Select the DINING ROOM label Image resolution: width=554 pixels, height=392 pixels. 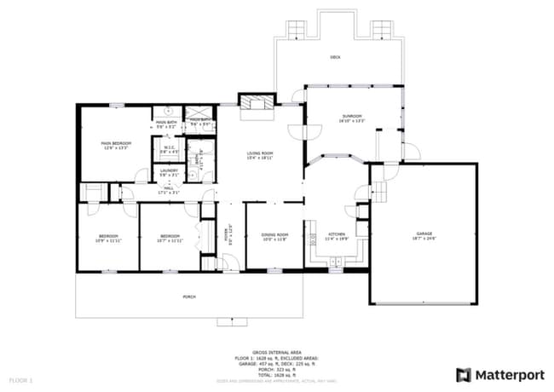pyautogui.click(x=274, y=234)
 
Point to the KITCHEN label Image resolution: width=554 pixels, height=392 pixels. pyautogui.click(x=336, y=234)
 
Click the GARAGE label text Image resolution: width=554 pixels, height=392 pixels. pyautogui.click(x=424, y=233)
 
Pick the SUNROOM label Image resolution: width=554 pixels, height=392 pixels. pyautogui.click(x=352, y=116)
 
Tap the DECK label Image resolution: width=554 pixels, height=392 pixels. pyautogui.click(x=336, y=57)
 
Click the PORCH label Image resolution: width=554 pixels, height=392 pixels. pyautogui.click(x=188, y=296)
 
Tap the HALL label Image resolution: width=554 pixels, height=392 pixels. pyautogui.click(x=169, y=188)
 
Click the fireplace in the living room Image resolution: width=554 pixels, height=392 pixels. pyautogui.click(x=257, y=103)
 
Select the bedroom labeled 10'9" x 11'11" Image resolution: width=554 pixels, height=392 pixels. pyautogui.click(x=107, y=237)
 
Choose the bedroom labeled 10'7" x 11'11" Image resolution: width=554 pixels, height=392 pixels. pyautogui.click(x=170, y=237)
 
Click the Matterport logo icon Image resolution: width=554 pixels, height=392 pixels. pyautogui.click(x=463, y=374)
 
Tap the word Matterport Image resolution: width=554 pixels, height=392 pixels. pyautogui.click(x=509, y=374)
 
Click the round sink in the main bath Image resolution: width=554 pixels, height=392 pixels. pyautogui.click(x=169, y=111)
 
